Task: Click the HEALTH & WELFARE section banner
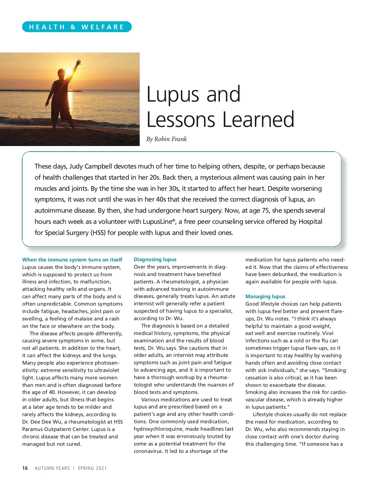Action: point(77,27)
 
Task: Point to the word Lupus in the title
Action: point(174,94)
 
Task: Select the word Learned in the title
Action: point(258,119)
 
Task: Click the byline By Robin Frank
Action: point(166,139)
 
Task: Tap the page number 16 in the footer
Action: point(25,468)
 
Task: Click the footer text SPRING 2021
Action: point(92,468)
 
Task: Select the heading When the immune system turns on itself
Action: point(72,260)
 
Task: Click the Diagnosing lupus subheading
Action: point(155,259)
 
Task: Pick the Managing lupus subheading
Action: point(265,296)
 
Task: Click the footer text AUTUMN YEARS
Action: point(52,468)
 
